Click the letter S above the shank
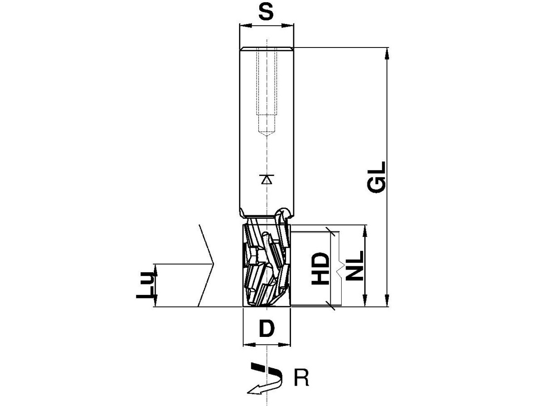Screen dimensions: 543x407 tap(266, 12)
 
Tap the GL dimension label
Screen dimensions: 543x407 tap(376, 177)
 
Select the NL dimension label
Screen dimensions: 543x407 tap(354, 265)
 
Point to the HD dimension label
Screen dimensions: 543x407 tap(321, 269)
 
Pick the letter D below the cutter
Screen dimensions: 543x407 tap(267, 328)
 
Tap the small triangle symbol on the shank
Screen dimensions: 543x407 tap(267, 180)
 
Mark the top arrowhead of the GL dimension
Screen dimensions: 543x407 tap(387, 53)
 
